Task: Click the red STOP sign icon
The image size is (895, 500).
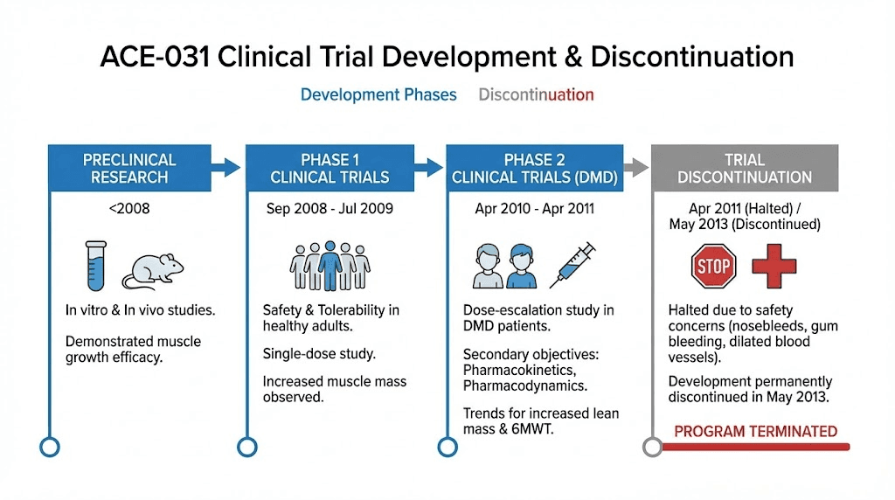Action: point(713,266)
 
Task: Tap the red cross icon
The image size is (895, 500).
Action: point(774,266)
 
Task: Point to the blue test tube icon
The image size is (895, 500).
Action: point(96,265)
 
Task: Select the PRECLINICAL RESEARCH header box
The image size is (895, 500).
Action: point(129,168)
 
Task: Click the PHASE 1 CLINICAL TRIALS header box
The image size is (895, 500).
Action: point(330,168)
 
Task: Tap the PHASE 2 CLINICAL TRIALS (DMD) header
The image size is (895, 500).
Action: point(534,168)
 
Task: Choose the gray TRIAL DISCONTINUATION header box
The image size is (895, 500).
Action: point(745,168)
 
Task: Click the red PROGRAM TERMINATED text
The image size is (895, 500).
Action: point(755,431)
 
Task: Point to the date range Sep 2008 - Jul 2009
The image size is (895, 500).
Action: point(330,209)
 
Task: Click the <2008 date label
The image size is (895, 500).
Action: point(128,209)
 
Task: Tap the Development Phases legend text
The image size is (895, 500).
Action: point(378,94)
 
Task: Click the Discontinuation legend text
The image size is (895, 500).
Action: point(536,94)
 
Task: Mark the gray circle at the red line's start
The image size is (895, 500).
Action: point(652,447)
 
